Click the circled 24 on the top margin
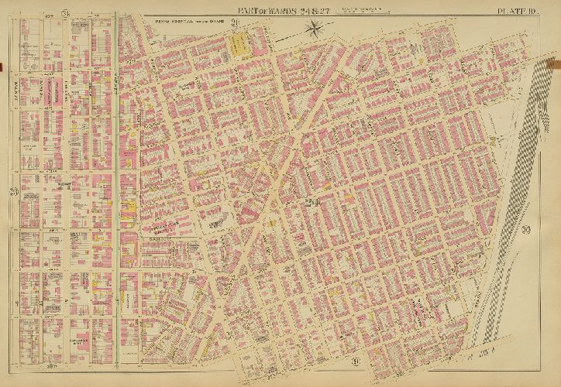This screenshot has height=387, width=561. pos(67,11)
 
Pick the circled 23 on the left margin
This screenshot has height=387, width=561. pos(13,192)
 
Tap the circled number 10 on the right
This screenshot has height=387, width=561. pos(525,229)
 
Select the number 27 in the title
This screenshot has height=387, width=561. pos(330,9)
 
